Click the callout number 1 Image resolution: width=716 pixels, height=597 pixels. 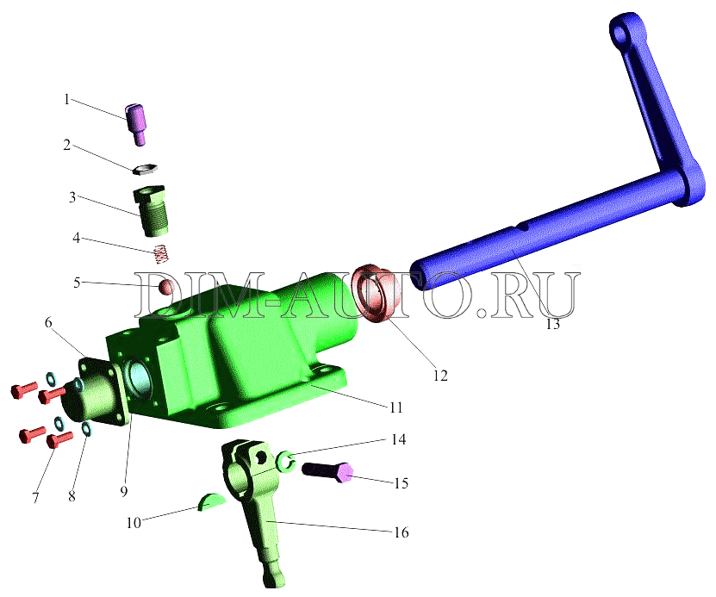(x=67, y=99)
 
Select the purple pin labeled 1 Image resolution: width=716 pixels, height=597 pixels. (x=135, y=125)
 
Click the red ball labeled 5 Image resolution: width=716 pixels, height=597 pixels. (x=166, y=288)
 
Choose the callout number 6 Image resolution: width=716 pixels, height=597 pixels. (x=48, y=323)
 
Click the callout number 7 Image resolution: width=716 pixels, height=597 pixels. (x=35, y=497)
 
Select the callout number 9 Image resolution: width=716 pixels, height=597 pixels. (x=123, y=491)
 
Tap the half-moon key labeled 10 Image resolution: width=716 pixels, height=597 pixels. (x=211, y=501)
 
